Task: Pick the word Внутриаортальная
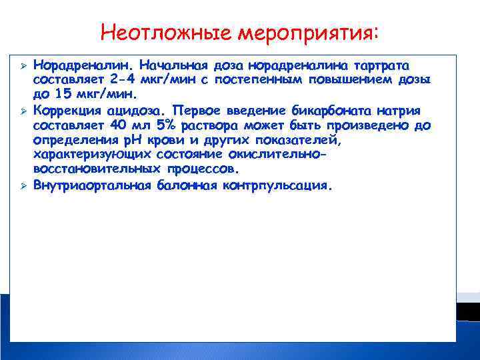point(93,185)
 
